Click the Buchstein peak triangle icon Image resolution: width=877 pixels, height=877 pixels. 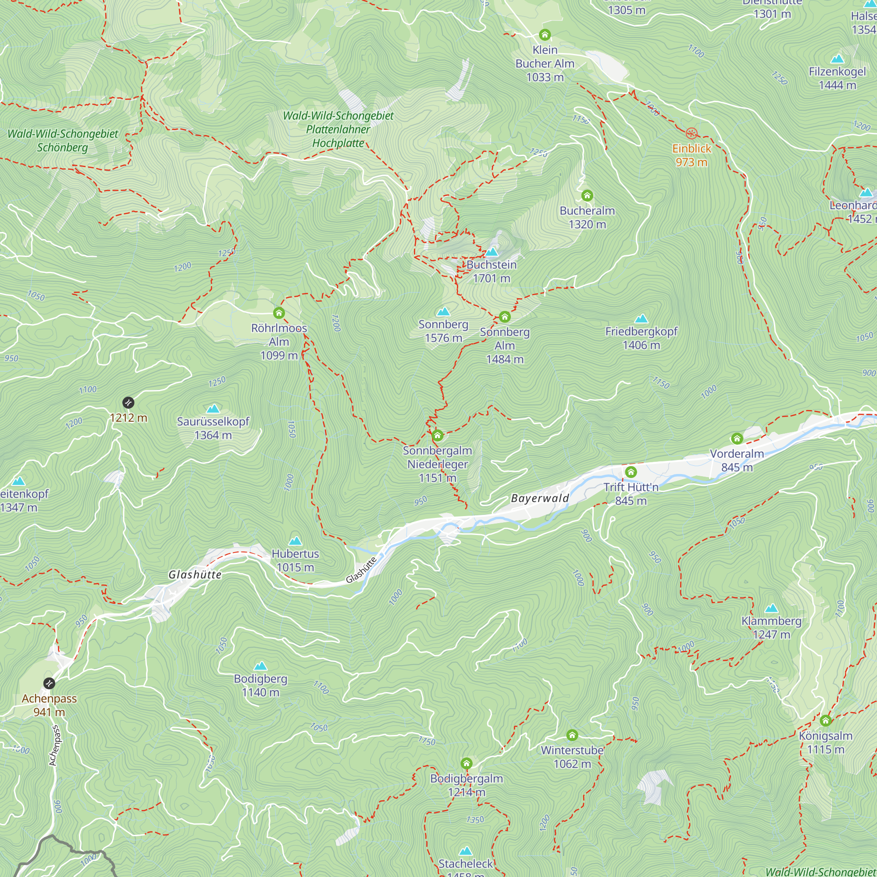492,252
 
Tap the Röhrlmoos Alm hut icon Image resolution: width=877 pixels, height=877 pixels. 279,313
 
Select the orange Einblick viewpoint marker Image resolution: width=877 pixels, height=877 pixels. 692,133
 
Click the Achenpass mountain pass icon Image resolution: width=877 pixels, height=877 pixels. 49,683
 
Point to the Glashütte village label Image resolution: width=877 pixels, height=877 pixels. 195,575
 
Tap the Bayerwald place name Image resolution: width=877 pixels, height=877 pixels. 540,499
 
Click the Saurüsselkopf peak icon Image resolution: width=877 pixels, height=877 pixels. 213,409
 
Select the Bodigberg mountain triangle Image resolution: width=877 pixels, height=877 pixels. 260,666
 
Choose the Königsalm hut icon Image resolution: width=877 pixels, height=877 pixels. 826,720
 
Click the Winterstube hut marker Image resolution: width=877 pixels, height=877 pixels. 572,735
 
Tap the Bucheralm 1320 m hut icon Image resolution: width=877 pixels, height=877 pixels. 587,196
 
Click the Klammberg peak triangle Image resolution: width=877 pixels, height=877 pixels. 771,608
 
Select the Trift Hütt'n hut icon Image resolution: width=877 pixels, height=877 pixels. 631,472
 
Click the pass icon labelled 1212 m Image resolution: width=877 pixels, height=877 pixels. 128,403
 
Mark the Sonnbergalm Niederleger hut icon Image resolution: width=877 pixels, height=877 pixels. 437,436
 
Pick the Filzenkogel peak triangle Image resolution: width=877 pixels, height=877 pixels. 837,59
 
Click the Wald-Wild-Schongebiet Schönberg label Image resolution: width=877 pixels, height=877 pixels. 63,141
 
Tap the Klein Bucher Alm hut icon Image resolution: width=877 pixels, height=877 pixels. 545,35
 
